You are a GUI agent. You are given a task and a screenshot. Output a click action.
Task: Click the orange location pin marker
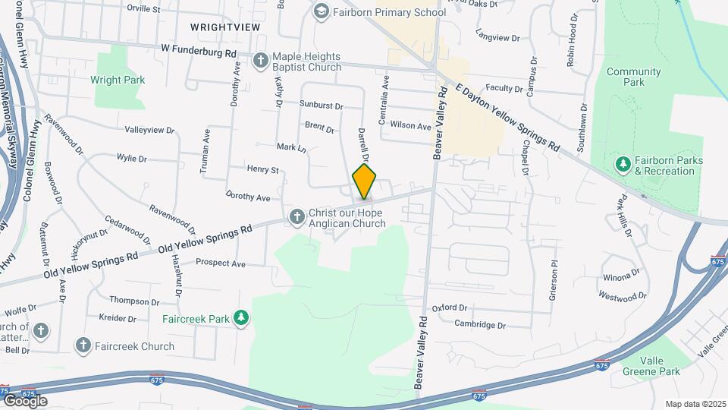coord(364,181)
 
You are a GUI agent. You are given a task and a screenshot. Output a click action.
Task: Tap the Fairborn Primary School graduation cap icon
coord(322,11)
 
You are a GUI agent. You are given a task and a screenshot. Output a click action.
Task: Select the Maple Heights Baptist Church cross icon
coord(260,60)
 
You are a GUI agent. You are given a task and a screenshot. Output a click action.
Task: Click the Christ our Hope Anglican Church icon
coord(297,218)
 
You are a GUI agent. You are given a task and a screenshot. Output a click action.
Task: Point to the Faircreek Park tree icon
coord(241,318)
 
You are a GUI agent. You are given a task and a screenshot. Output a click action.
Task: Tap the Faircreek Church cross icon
coord(83,345)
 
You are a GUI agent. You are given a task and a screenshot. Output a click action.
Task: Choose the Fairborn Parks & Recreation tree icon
coord(623,165)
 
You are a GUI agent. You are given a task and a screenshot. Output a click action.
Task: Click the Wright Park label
coord(118,79)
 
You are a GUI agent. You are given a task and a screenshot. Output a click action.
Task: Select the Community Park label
coord(633,77)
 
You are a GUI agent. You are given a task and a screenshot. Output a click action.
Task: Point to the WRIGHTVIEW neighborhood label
coord(225,27)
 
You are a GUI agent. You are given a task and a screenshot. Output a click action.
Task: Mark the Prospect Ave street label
coord(221,263)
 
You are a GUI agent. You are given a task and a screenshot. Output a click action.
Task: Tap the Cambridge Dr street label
coord(479,324)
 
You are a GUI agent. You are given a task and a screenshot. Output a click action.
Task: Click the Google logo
coord(26,400)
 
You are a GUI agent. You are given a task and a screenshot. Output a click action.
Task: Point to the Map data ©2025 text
coord(695,404)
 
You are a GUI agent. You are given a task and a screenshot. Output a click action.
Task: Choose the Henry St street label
coord(263,169)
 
